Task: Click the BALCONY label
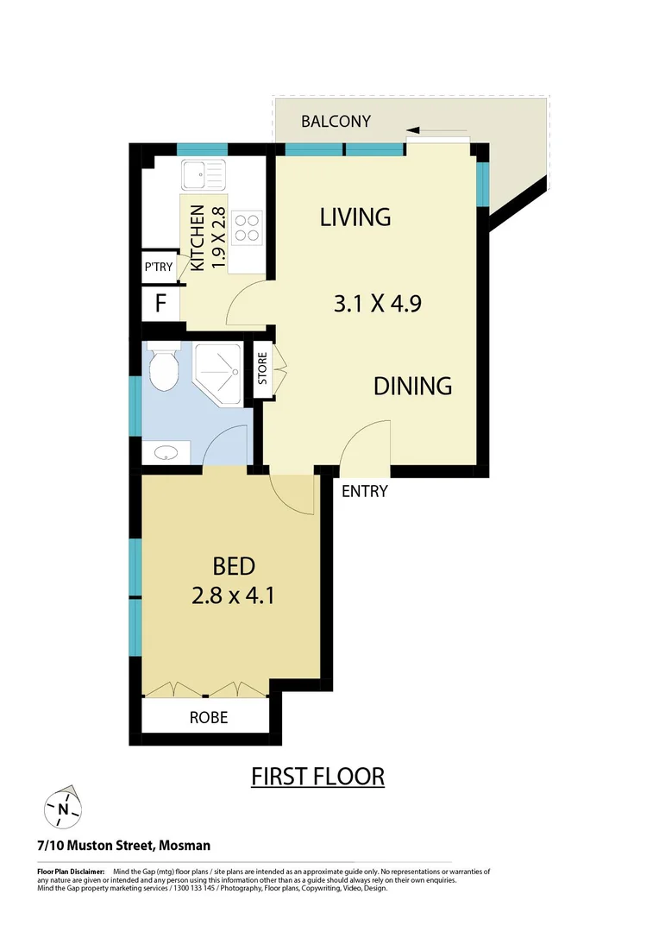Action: (336, 121)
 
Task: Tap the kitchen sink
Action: (203, 175)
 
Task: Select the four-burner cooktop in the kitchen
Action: (248, 227)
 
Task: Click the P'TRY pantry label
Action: (159, 268)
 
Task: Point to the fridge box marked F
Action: (160, 304)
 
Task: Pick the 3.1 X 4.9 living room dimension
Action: (377, 304)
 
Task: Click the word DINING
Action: (412, 386)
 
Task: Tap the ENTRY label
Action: (365, 492)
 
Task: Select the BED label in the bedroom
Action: (234, 566)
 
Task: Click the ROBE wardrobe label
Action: (208, 717)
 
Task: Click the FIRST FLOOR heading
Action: (317, 776)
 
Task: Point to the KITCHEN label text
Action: (198, 238)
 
